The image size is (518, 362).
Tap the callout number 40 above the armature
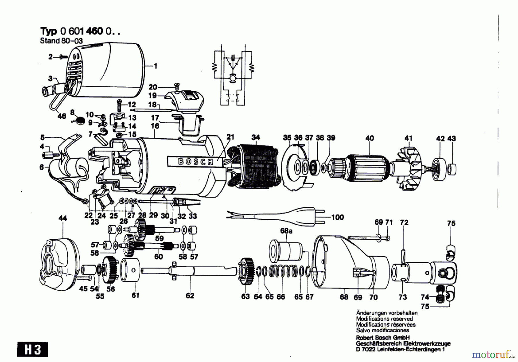[370, 138]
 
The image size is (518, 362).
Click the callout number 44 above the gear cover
[63, 218]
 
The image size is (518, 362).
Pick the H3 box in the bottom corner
[33, 350]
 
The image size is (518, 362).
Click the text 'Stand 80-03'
[61, 41]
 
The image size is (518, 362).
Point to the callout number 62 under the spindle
[190, 296]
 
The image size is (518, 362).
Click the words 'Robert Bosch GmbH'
[383, 338]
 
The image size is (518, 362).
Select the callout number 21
[231, 137]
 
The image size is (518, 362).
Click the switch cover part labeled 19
[184, 101]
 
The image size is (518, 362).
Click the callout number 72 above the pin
[404, 222]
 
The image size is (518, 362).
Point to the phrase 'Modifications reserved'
[384, 319]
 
